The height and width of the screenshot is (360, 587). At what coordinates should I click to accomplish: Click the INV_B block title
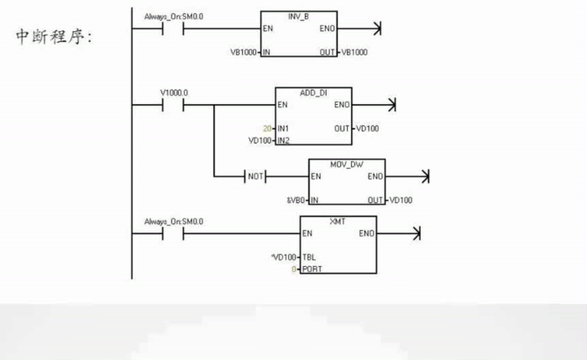298,16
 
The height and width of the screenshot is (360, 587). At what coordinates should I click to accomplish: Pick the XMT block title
338,219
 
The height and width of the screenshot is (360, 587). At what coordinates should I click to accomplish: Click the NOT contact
253,177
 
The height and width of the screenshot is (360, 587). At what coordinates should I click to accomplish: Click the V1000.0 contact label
174,91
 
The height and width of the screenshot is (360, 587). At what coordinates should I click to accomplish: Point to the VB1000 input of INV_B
244,52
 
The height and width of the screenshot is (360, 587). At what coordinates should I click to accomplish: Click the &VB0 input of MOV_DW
296,200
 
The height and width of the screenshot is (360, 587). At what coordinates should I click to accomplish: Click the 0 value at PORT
295,269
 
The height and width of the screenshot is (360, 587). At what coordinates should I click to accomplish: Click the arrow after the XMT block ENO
415,233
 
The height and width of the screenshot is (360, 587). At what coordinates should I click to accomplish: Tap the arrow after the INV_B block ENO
375,29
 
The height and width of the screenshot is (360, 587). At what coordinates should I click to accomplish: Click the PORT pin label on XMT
312,269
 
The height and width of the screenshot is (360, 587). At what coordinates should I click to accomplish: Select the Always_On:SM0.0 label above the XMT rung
173,221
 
